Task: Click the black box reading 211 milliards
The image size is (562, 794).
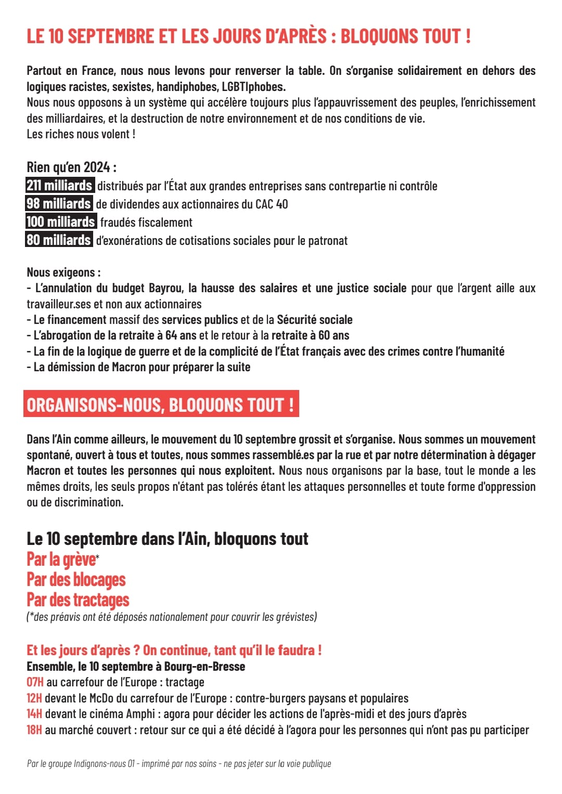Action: coord(59,186)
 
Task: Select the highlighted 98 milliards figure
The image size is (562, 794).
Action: coord(59,204)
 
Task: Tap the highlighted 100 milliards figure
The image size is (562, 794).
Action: coord(60,222)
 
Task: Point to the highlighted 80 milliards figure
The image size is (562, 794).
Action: coord(59,240)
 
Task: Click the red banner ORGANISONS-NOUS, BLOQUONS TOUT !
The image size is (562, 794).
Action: coord(161,405)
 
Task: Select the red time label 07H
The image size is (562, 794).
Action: coord(35,682)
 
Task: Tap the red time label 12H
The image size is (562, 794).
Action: coord(34,698)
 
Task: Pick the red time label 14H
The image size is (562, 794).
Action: coord(34,714)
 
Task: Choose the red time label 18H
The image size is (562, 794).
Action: coord(34,730)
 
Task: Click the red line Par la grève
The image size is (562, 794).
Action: coord(61,559)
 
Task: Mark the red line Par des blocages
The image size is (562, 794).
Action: coord(76,580)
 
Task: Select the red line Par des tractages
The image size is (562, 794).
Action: coord(78,600)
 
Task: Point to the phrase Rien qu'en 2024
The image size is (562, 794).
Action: coord(71,167)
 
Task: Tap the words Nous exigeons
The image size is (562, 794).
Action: coord(63,272)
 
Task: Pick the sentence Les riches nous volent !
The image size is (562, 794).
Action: coord(81,134)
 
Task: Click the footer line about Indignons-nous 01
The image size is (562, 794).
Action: coord(178,764)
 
